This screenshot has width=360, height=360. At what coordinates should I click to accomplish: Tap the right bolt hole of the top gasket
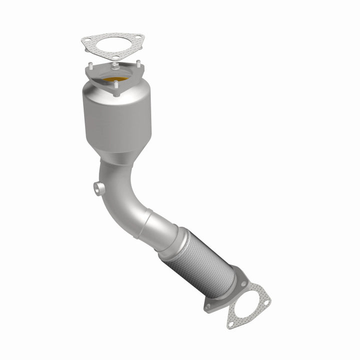pos(138,38)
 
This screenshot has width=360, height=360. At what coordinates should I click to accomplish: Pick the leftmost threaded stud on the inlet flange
pos(91,65)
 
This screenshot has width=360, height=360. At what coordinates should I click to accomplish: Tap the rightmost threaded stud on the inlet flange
pos(138,64)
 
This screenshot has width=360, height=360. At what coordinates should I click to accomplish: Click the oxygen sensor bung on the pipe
pos(98,188)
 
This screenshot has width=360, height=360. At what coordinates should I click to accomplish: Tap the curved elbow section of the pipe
pos(122,200)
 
